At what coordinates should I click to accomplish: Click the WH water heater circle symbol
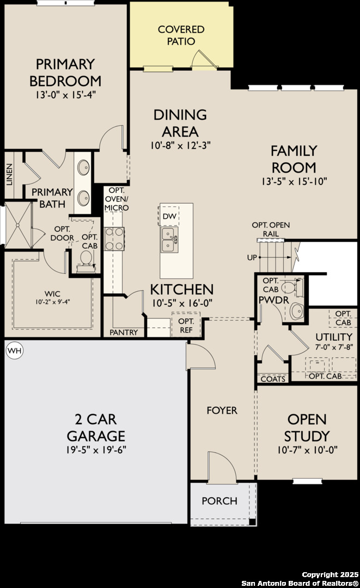(14, 351)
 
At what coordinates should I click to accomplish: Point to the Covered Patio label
(181, 35)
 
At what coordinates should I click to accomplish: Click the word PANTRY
(124, 332)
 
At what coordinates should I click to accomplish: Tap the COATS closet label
(273, 379)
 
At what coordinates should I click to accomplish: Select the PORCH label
(219, 501)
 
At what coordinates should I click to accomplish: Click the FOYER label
(222, 410)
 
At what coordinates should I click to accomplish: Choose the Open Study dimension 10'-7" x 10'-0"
(308, 450)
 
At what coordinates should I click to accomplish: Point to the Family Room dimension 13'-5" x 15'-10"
(294, 181)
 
